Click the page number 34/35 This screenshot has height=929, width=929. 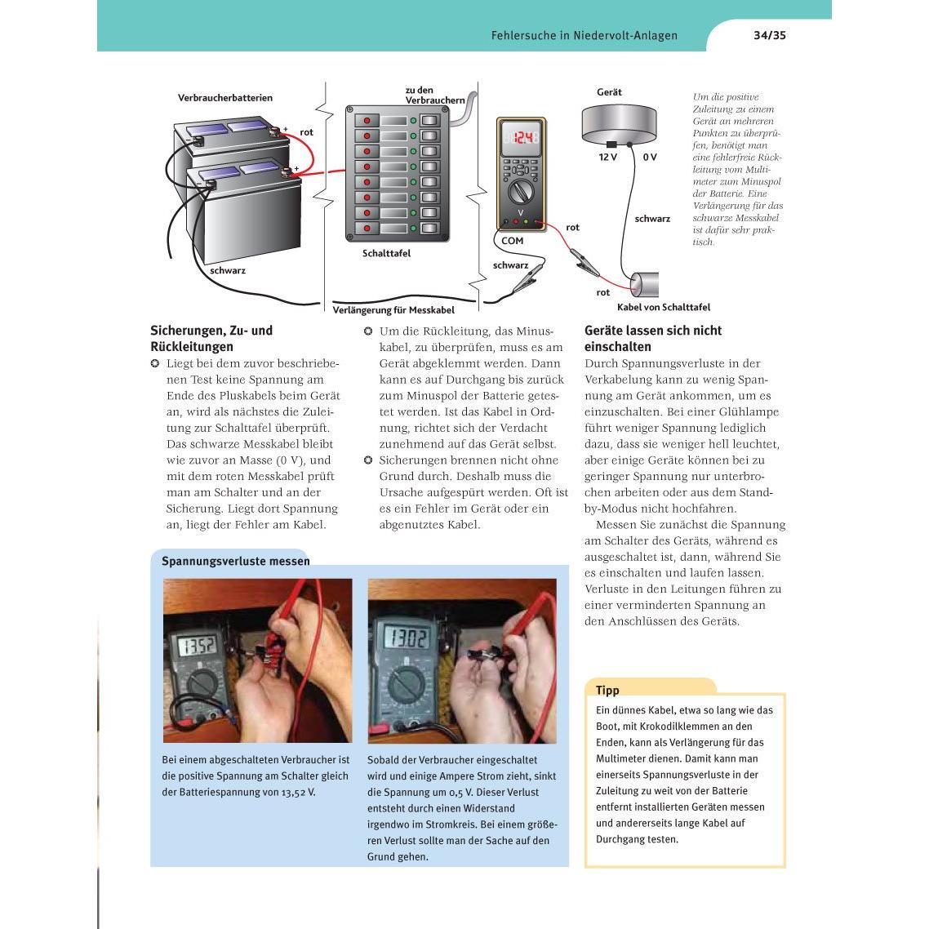(x=770, y=35)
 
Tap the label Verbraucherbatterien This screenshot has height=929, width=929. (x=225, y=98)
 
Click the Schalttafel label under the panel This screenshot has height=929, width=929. (x=386, y=253)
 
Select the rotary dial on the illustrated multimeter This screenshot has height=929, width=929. (x=521, y=192)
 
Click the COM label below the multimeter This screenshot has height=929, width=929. (x=512, y=241)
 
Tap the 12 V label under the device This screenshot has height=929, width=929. (x=608, y=157)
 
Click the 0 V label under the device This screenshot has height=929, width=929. (x=650, y=157)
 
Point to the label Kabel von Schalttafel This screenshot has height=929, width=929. (x=664, y=307)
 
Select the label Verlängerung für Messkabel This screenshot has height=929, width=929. (x=393, y=310)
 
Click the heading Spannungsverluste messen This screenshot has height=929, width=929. (x=236, y=561)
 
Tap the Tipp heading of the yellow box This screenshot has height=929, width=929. (x=607, y=690)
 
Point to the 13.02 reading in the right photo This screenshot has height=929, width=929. (x=407, y=638)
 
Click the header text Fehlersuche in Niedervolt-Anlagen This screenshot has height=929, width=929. (x=585, y=35)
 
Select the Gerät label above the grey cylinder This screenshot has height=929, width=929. (x=609, y=91)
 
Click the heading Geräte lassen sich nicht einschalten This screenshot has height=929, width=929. (x=653, y=338)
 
